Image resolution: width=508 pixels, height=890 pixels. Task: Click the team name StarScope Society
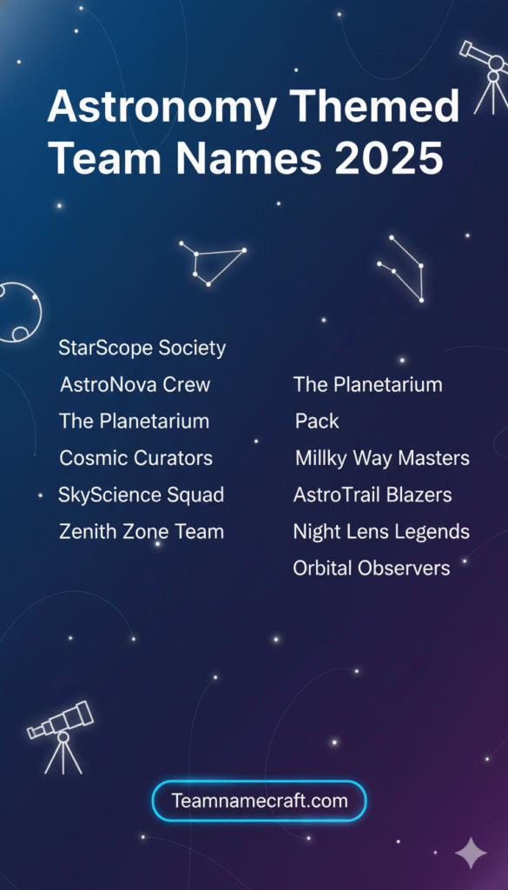(142, 349)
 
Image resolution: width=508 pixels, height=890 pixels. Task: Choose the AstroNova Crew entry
(135, 384)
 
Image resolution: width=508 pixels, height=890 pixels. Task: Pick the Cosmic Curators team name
(135, 458)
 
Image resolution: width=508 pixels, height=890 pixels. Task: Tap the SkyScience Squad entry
(141, 495)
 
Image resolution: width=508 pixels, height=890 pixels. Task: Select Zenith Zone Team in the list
(141, 532)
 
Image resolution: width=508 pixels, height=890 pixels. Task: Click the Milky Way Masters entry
(382, 458)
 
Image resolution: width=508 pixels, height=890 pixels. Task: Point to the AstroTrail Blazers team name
(373, 495)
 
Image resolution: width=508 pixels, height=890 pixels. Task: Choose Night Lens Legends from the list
(381, 532)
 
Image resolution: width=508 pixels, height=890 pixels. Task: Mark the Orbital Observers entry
(372, 568)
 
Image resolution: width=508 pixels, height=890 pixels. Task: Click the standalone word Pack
(317, 422)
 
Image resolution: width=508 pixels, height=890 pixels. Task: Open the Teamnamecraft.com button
(259, 800)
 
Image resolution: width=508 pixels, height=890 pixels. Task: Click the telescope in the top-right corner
(485, 74)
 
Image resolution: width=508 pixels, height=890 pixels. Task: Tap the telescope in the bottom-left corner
(62, 734)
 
